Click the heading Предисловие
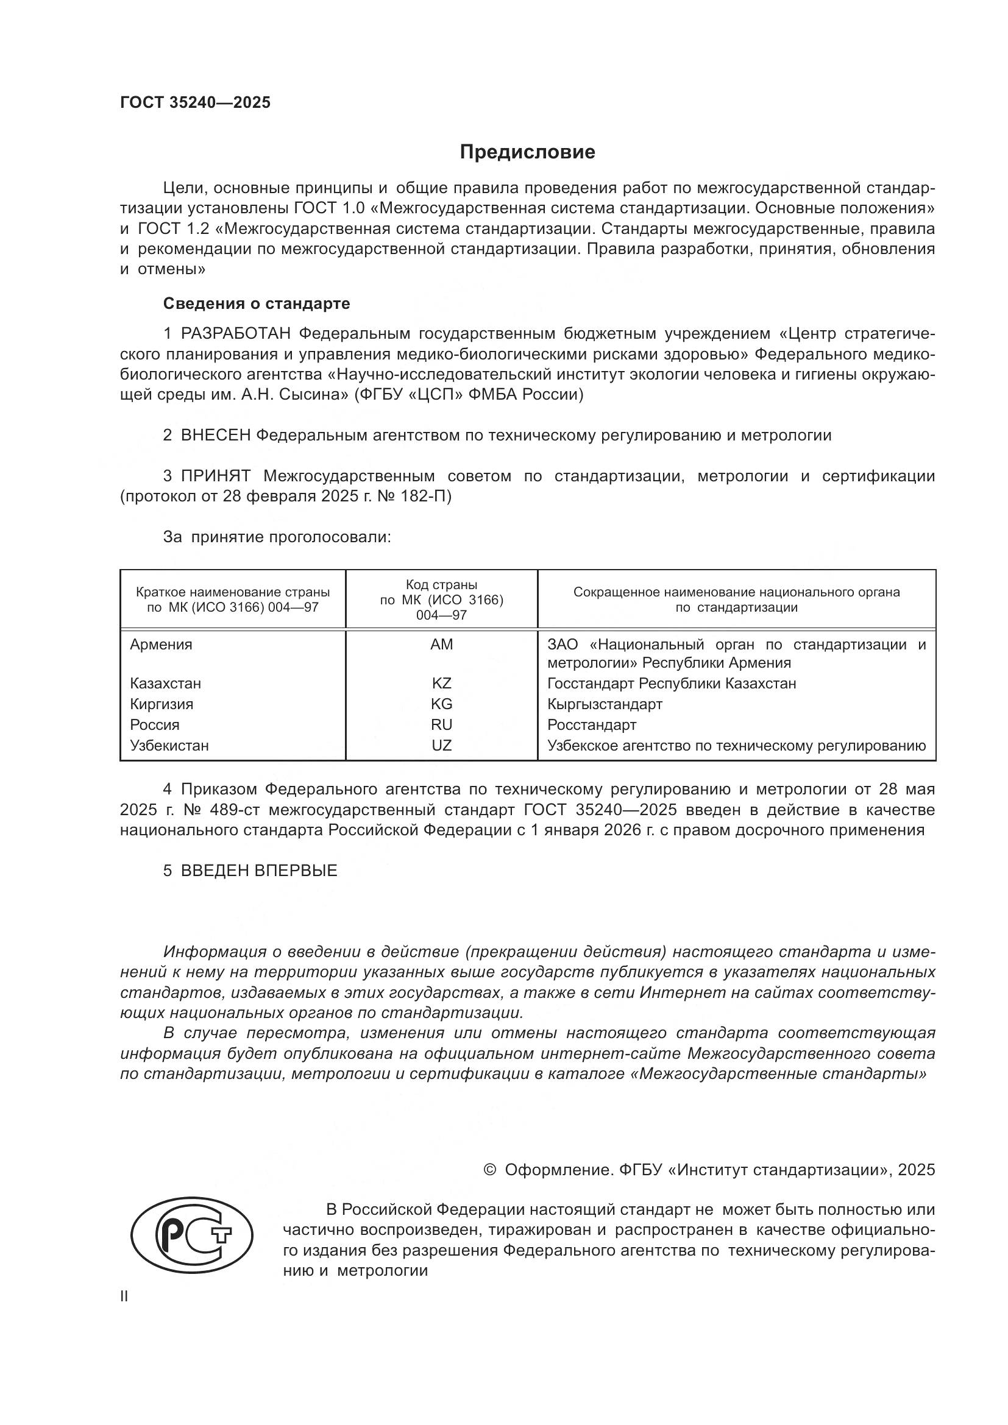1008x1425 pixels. coord(527,152)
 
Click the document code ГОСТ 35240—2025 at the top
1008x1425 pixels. coord(196,103)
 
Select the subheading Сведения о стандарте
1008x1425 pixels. coord(257,303)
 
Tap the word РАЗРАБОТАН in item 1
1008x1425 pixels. coord(235,334)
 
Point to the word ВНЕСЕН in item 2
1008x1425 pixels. coord(215,435)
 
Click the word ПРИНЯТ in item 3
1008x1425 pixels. coord(215,476)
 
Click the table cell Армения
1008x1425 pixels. coord(161,644)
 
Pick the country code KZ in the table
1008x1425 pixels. coord(441,684)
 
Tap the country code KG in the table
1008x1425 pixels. coord(441,704)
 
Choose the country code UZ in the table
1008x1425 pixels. coord(441,745)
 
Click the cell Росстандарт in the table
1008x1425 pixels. coord(592,725)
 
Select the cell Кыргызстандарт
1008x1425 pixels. coord(605,704)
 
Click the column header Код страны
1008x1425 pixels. coord(441,585)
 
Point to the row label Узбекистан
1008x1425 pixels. coord(169,745)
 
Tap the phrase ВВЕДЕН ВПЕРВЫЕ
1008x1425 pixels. coord(259,871)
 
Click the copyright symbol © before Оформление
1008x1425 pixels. coord(489,1170)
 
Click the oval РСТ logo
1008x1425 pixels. coord(192,1232)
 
